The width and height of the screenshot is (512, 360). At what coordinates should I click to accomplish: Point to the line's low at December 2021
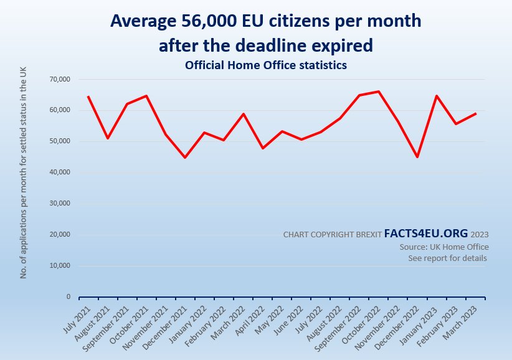pyautogui.click(x=185, y=158)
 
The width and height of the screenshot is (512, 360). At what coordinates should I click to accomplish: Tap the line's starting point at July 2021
pyautogui.click(x=88, y=97)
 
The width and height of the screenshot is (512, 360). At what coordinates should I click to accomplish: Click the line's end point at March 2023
pyautogui.click(x=476, y=113)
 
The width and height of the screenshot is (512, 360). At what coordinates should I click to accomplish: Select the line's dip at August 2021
pyautogui.click(x=108, y=138)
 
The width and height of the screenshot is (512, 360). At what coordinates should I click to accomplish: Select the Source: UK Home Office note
pyautogui.click(x=444, y=247)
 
